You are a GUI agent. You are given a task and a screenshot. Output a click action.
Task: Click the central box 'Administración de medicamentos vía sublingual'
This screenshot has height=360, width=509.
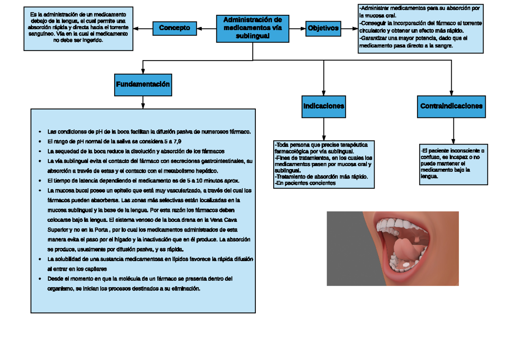coord(253,29)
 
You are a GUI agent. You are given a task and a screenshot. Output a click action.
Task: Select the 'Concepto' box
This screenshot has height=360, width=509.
coord(174,28)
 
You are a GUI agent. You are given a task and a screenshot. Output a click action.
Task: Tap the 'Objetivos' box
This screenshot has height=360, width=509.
coord(323,28)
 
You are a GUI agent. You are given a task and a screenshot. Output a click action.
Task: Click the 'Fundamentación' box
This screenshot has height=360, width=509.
coord(143,84)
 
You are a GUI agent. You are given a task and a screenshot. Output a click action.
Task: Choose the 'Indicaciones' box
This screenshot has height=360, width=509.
coord(324,106)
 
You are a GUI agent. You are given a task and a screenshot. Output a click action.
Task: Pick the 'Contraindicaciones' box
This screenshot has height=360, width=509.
coord(451,106)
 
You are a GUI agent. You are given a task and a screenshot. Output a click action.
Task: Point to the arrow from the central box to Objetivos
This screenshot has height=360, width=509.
coord(298,28)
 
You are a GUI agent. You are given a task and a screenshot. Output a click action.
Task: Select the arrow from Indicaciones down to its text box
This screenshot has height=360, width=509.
coord(324,129)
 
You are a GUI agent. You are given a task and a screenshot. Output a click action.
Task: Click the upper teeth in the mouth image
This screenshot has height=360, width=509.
coord(397,224)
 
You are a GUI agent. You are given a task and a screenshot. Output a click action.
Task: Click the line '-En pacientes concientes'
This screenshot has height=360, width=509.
coord(305,183)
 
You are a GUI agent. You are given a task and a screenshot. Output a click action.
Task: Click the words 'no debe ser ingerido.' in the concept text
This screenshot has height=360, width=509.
coord(78,40)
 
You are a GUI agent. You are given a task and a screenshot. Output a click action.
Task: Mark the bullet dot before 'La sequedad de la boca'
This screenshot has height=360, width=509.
coord(39,151)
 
